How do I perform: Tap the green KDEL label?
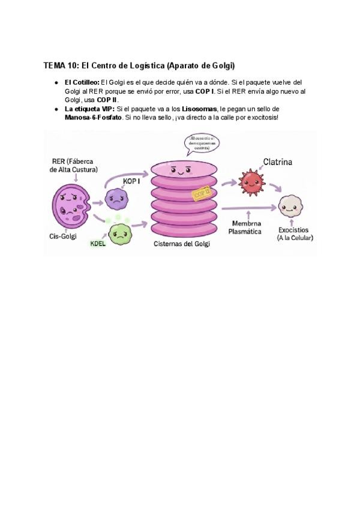tap(98, 244)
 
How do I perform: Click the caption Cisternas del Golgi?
tap(181, 244)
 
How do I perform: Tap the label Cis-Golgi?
tap(62, 236)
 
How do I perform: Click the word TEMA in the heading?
tap(54, 65)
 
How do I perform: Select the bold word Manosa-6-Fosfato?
tap(93, 117)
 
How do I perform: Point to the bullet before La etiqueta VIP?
tap(55, 109)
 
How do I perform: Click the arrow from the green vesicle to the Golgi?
tap(140, 226)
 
